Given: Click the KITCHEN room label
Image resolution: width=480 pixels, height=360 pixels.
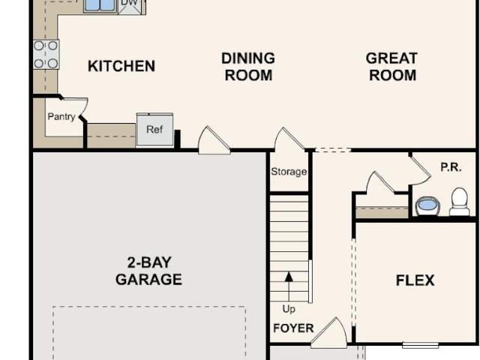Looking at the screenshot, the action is coord(121,66).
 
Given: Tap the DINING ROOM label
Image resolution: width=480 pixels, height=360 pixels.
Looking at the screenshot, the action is coord(248,67).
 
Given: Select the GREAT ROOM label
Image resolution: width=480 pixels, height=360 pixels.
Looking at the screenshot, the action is coord(391,67).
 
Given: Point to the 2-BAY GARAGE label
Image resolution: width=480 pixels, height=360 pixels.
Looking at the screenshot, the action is coord(148,271).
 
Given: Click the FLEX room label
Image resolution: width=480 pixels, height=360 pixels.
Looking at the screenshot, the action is coord(415,280).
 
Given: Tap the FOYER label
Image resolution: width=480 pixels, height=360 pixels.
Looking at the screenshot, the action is coord(293,328).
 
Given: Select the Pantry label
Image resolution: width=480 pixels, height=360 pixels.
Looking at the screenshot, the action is coord(61,117).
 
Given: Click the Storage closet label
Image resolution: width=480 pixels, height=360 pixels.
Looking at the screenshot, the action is coord(289,172).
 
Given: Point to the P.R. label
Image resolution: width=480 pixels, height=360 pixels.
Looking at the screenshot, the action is coord(451,167).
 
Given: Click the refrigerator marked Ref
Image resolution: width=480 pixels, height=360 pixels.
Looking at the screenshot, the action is coord(155,129).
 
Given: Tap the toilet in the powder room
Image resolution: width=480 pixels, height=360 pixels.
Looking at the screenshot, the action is coord(460,202).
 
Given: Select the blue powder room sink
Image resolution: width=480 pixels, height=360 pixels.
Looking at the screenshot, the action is coord(428,206).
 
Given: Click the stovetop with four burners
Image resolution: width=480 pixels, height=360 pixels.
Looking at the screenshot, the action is coord(46,55).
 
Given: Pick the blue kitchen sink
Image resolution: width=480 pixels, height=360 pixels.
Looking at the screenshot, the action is coord(100,6).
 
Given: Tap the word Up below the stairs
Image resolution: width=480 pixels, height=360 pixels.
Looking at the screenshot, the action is coord(289,309).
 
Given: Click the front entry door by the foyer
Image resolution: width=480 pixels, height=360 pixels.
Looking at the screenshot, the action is coord(329,333).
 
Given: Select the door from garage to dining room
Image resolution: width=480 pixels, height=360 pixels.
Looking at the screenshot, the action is coord(214,140).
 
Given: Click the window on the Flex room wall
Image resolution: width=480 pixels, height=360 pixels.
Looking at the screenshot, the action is coord(420,345).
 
